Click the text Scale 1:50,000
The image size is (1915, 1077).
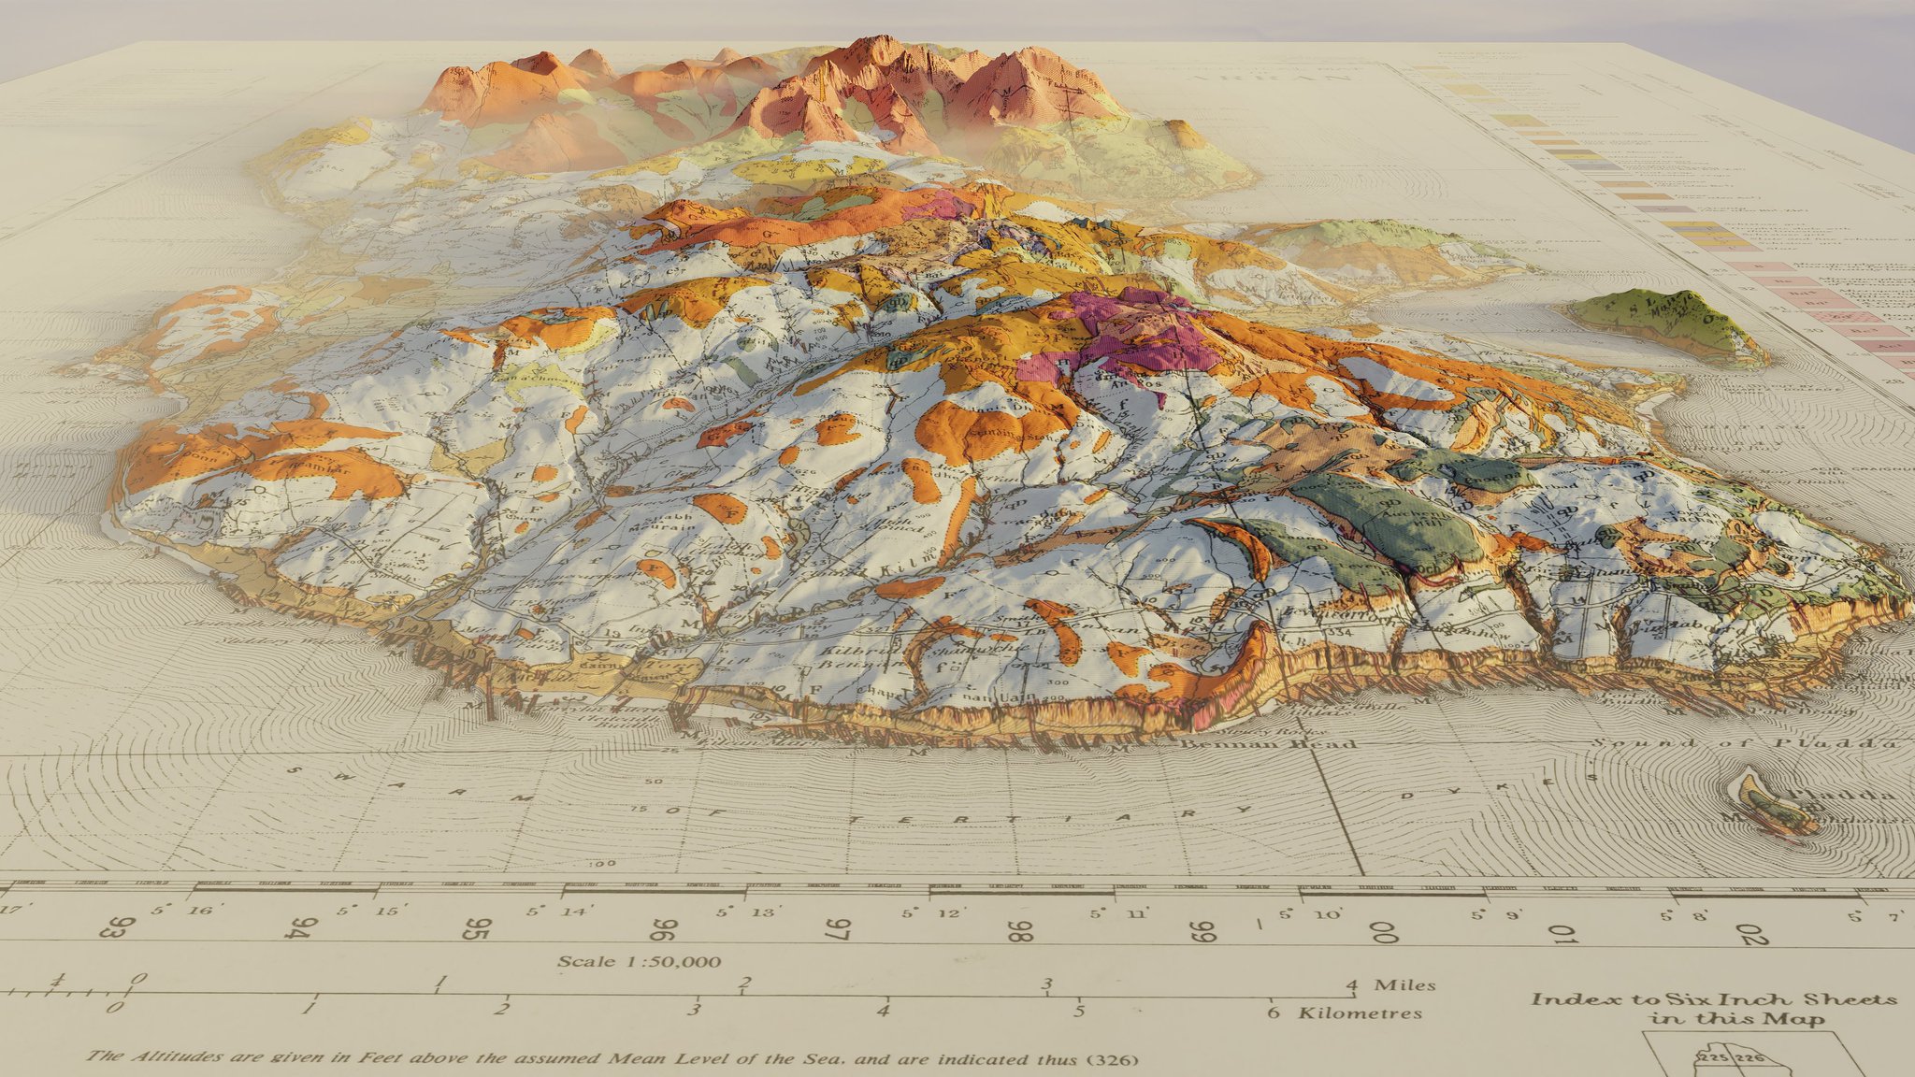tap(640, 961)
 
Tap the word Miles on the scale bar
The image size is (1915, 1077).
tap(1404, 984)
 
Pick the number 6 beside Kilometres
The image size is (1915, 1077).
tap(1273, 1012)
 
